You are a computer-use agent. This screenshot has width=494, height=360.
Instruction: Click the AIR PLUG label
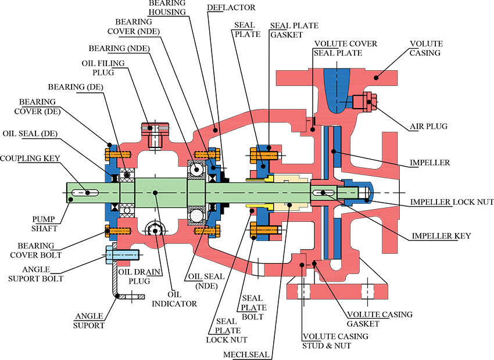pos(428,126)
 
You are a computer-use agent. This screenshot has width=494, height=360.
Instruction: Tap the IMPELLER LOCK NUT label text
pos(452,201)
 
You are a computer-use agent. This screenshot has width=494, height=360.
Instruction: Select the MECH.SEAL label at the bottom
pos(246,355)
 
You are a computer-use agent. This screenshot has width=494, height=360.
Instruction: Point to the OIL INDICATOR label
pos(174,299)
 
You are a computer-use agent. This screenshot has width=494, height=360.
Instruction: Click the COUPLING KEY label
pos(30,158)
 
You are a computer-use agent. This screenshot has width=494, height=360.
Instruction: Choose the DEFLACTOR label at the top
pos(231,7)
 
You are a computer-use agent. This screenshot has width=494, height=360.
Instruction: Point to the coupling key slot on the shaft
pos(85,193)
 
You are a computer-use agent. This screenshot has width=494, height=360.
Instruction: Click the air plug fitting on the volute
pos(364,102)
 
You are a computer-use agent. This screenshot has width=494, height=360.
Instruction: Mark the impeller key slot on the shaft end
pos(325,193)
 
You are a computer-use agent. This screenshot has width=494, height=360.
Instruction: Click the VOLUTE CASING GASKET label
pos(380,319)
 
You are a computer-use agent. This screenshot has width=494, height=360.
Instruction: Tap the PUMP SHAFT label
pos(44,224)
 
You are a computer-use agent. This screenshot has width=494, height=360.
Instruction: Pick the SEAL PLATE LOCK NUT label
pos(227,330)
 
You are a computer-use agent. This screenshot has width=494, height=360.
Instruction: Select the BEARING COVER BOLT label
pos(36,250)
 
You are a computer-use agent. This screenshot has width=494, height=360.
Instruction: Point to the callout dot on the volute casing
pos(376,77)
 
